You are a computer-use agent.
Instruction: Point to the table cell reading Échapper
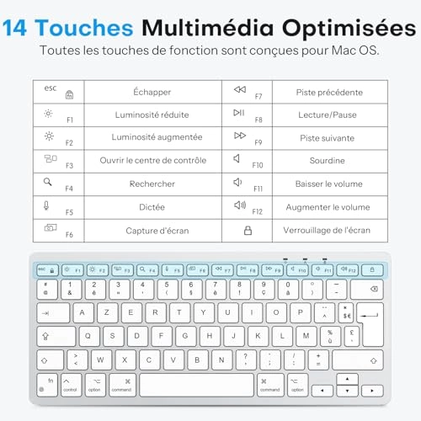click(x=152, y=92)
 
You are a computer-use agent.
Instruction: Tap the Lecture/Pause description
click(x=328, y=115)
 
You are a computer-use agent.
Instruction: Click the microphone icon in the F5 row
click(x=46, y=204)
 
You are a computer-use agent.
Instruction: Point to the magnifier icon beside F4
click(x=47, y=181)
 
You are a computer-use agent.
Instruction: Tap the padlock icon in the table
click(x=248, y=230)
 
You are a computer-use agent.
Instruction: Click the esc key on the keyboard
click(x=45, y=270)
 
